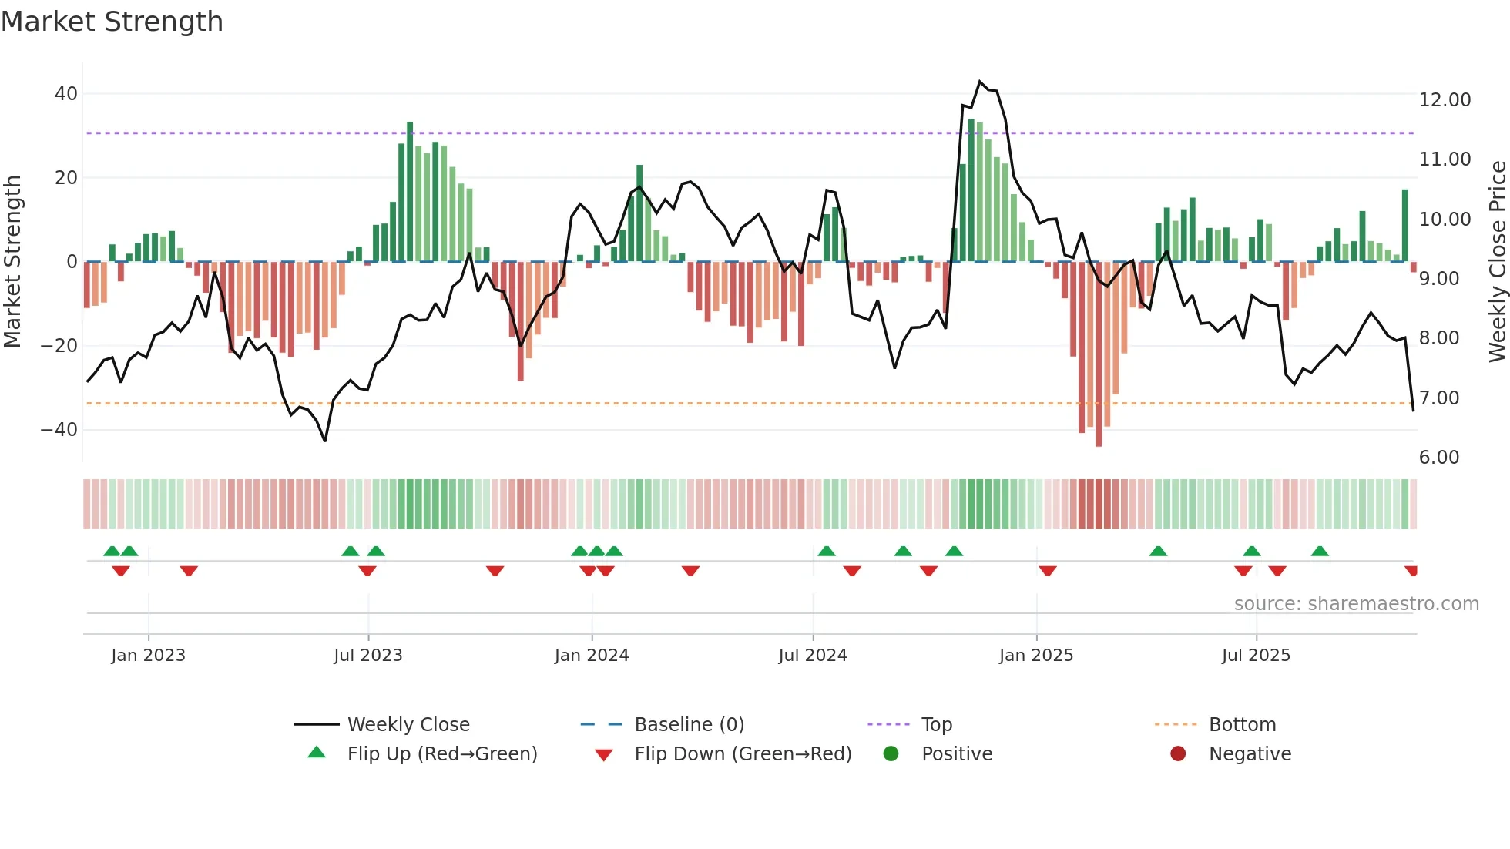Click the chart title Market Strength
[112, 22]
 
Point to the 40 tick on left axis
[66, 94]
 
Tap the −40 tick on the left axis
[60, 429]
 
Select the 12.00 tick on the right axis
[1445, 100]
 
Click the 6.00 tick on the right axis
[1439, 458]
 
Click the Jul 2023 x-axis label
[368, 656]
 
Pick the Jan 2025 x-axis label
[1036, 656]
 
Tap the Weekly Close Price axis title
[1497, 262]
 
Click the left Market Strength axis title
[13, 262]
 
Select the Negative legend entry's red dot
[1178, 754]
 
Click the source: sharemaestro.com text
[1356, 604]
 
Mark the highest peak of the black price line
[980, 82]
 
